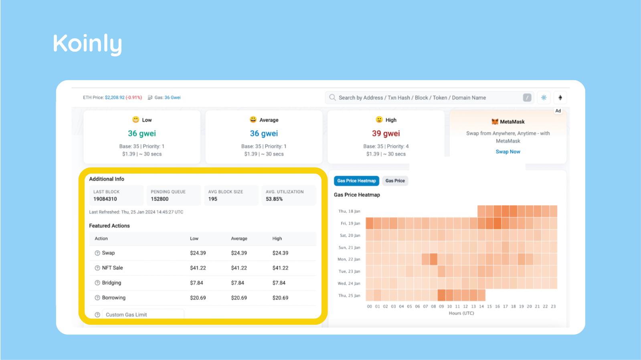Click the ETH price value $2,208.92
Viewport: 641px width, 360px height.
pyautogui.click(x=115, y=97)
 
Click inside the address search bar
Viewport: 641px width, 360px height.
pyautogui.click(x=425, y=97)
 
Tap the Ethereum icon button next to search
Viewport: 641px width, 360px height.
pyautogui.click(x=560, y=97)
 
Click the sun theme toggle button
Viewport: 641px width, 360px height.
pyautogui.click(x=544, y=97)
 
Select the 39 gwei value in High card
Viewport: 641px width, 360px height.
pyautogui.click(x=386, y=133)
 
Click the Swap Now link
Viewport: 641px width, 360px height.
pyautogui.click(x=508, y=152)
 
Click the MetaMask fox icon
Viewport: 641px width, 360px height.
pyautogui.click(x=495, y=121)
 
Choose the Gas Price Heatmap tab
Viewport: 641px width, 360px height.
pyautogui.click(x=356, y=181)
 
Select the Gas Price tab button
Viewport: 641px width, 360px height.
pyautogui.click(x=395, y=181)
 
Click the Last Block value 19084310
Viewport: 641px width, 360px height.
pyautogui.click(x=105, y=199)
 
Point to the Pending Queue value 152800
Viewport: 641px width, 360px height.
pyautogui.click(x=160, y=199)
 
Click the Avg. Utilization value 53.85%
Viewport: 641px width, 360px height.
pyautogui.click(x=274, y=199)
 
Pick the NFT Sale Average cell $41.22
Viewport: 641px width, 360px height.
pyautogui.click(x=239, y=268)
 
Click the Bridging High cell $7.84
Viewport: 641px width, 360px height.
pyautogui.click(x=279, y=283)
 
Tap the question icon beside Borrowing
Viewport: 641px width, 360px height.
pyautogui.click(x=97, y=298)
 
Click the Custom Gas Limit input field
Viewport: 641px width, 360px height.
pyautogui.click(x=143, y=315)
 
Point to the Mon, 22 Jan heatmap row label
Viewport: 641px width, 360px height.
pyautogui.click(x=349, y=259)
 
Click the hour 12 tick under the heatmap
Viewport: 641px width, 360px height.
pyautogui.click(x=465, y=306)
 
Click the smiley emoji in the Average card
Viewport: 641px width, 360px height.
pyautogui.click(x=253, y=119)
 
